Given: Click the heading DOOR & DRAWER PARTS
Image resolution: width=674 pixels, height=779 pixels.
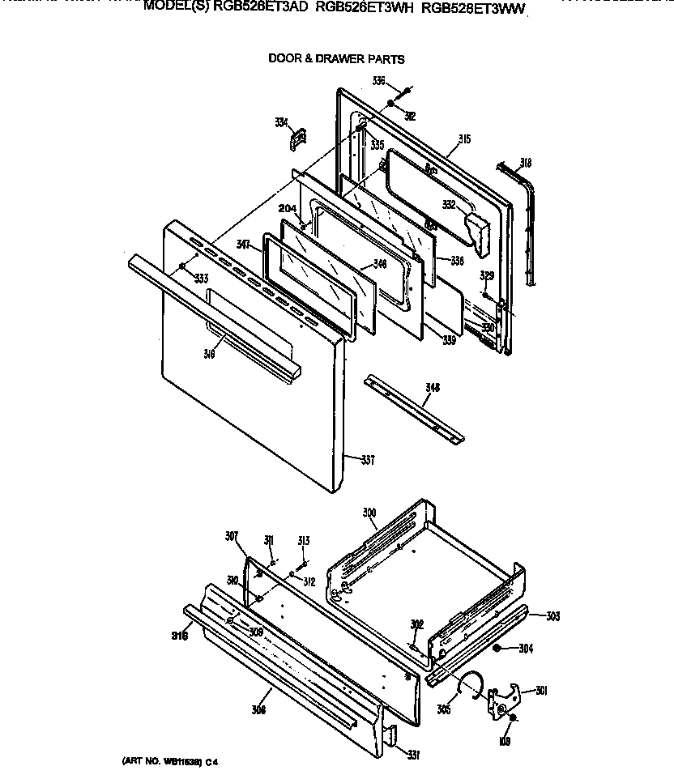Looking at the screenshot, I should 336,59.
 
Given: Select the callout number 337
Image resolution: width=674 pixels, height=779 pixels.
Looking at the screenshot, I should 368,461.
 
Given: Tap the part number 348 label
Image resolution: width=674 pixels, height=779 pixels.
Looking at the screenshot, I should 433,389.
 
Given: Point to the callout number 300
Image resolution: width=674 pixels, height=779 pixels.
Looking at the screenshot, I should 369,513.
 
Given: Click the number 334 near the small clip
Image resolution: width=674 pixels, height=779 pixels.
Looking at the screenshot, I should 281,122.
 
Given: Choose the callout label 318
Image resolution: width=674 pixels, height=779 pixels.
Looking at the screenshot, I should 525,163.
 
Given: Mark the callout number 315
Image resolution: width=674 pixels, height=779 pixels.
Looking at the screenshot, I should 463,139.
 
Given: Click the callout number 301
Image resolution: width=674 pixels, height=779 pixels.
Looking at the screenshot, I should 541,691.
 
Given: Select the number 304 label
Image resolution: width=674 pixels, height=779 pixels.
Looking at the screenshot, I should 526,648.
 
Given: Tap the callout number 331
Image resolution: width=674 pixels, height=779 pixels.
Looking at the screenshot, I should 413,756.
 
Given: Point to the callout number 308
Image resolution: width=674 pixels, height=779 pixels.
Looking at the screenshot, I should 258,690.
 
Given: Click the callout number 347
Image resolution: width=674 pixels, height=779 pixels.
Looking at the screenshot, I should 244,243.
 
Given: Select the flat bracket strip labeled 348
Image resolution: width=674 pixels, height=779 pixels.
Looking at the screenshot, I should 414,409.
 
